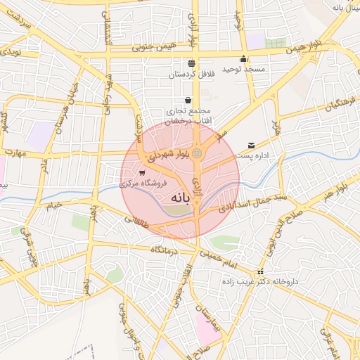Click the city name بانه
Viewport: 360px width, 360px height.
pyautogui.click(x=179, y=199)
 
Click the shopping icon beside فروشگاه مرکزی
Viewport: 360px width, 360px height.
pyautogui.click(x=143, y=172)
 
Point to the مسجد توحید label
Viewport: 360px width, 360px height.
pyautogui.click(x=243, y=69)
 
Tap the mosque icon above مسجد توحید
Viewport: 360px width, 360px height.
pyautogui.click(x=244, y=59)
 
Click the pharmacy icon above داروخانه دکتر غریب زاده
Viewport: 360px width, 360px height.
pyautogui.click(x=261, y=272)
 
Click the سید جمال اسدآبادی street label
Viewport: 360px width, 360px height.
pyautogui.click(x=245, y=204)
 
